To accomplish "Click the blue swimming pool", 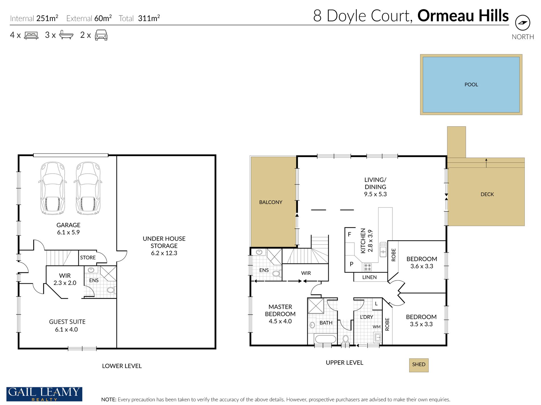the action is pyautogui.click(x=471, y=85).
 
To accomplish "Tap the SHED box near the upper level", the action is pyautogui.click(x=419, y=365).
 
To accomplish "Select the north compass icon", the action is pyautogui.click(x=522, y=23).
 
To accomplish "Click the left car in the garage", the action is pyautogui.click(x=53, y=188).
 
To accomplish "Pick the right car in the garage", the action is pyautogui.click(x=88, y=188).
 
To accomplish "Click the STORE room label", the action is pyautogui.click(x=88, y=257).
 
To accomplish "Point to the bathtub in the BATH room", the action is pyautogui.click(x=325, y=340).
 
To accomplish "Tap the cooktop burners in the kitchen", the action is pyautogui.click(x=368, y=267).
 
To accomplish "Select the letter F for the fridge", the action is pyautogui.click(x=349, y=234).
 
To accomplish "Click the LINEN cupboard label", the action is pyautogui.click(x=369, y=277).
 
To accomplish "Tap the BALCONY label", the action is pyautogui.click(x=270, y=202).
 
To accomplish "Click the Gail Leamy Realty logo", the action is pyautogui.click(x=44, y=394).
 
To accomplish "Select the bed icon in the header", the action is pyautogui.click(x=31, y=35).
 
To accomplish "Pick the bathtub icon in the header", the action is pyautogui.click(x=66, y=35).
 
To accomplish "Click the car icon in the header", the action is pyautogui.click(x=101, y=35).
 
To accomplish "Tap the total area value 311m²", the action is pyautogui.click(x=149, y=18).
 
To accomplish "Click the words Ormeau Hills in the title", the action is pyautogui.click(x=463, y=16).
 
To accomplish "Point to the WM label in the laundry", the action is pyautogui.click(x=376, y=327).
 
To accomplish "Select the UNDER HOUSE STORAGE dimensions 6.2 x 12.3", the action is pyautogui.click(x=164, y=253).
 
